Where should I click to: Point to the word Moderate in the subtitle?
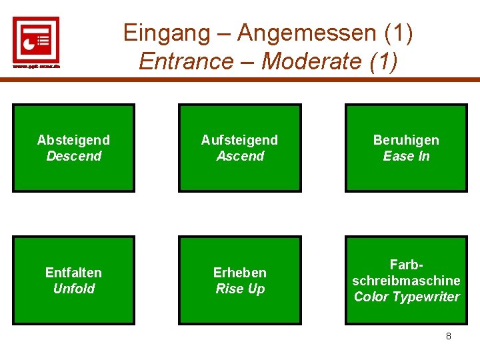pos(311,61)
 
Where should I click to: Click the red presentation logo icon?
pos(36,39)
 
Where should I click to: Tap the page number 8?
pos(448,336)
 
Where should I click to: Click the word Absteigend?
pos(73,140)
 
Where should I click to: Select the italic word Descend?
pos(73,156)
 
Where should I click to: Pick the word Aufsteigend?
pos(239,140)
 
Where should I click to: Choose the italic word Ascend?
pos(240,156)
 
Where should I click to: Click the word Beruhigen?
pos(406,140)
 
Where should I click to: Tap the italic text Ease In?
pos(406,156)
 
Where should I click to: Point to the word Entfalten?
pos(73,273)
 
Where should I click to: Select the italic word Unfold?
pos(73,289)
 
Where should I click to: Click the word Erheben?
pos(239,273)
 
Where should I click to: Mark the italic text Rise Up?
pos(240,289)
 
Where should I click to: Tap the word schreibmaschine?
pos(406,281)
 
